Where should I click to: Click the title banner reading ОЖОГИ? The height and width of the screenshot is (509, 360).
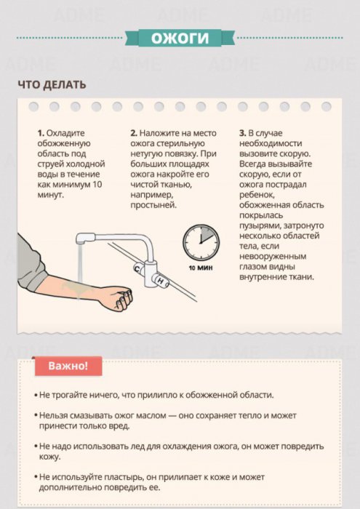point(179,39)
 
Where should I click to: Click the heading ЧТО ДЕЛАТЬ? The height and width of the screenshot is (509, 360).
point(52,85)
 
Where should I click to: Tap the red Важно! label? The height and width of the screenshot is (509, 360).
point(68,366)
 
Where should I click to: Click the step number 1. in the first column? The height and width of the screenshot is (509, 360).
point(41,134)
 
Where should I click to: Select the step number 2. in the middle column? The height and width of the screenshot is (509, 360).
point(134,134)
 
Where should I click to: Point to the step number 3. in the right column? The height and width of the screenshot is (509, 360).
point(242,134)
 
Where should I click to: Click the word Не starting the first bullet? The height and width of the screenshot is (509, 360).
point(44,394)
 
